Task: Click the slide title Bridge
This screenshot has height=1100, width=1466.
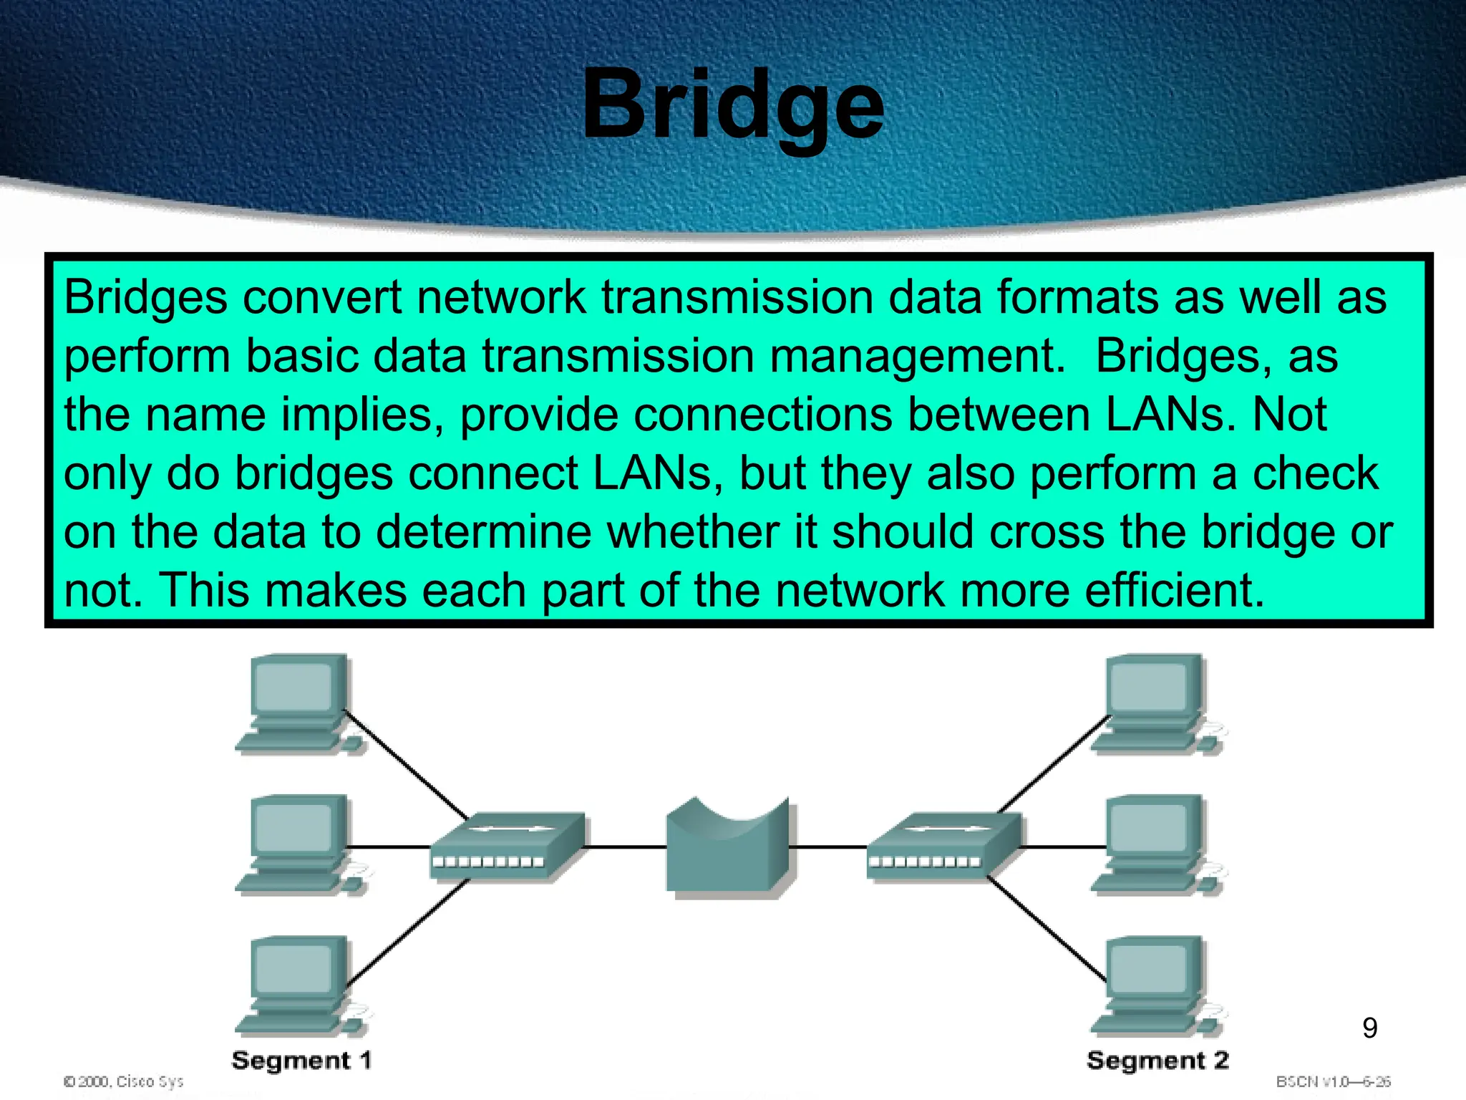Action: point(733,106)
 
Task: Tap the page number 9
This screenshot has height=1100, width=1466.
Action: point(1369,1028)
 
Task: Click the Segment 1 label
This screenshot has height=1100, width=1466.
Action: point(301,1061)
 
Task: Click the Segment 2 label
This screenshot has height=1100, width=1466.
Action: point(1157,1061)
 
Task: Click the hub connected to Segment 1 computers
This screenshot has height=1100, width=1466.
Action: point(507,846)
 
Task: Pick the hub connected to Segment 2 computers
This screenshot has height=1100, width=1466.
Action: point(943,846)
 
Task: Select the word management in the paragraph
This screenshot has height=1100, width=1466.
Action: point(917,357)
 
